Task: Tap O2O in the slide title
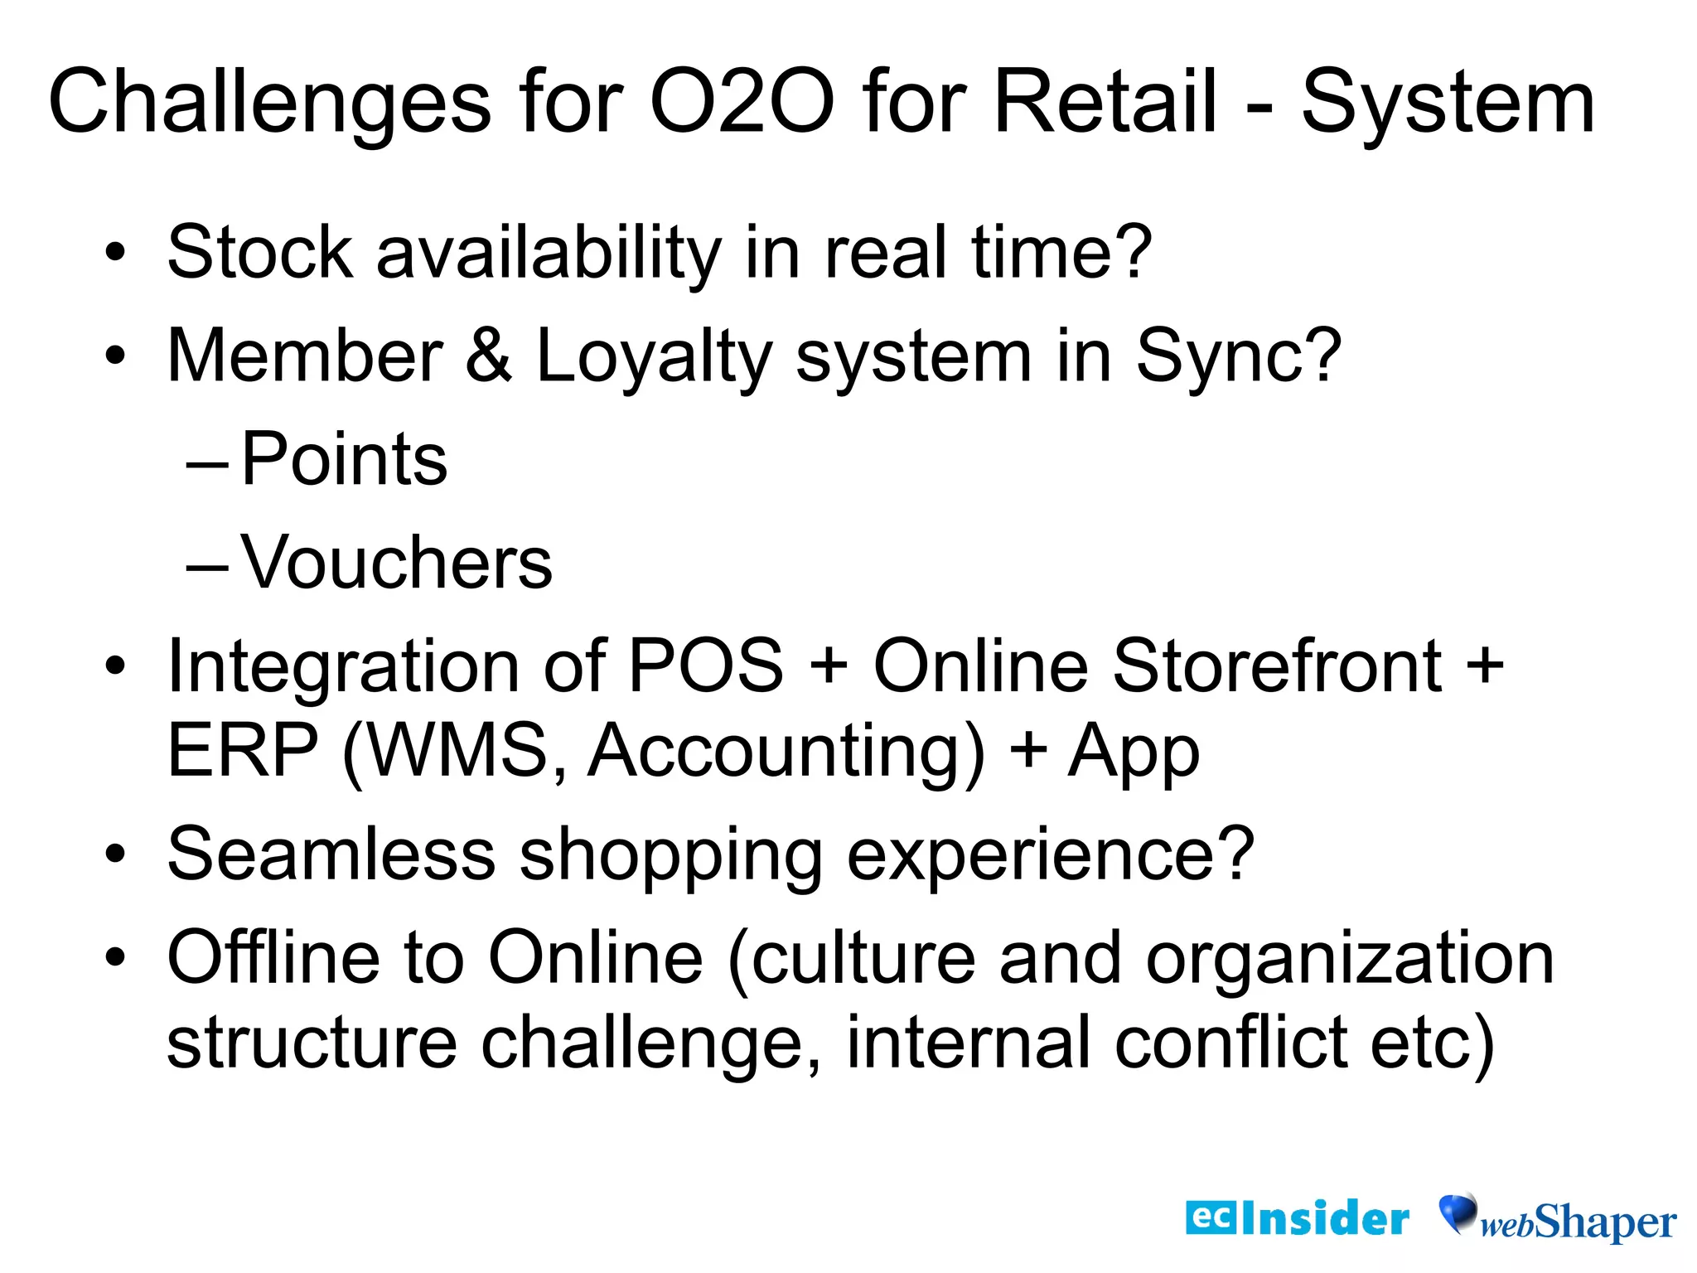(742, 102)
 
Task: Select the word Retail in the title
(1105, 102)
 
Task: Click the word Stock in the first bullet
(260, 252)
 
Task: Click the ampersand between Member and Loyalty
(489, 356)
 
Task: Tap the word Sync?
(1238, 356)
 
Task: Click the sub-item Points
(344, 459)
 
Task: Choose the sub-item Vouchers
(396, 563)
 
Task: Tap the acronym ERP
(243, 751)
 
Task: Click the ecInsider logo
(1297, 1218)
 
